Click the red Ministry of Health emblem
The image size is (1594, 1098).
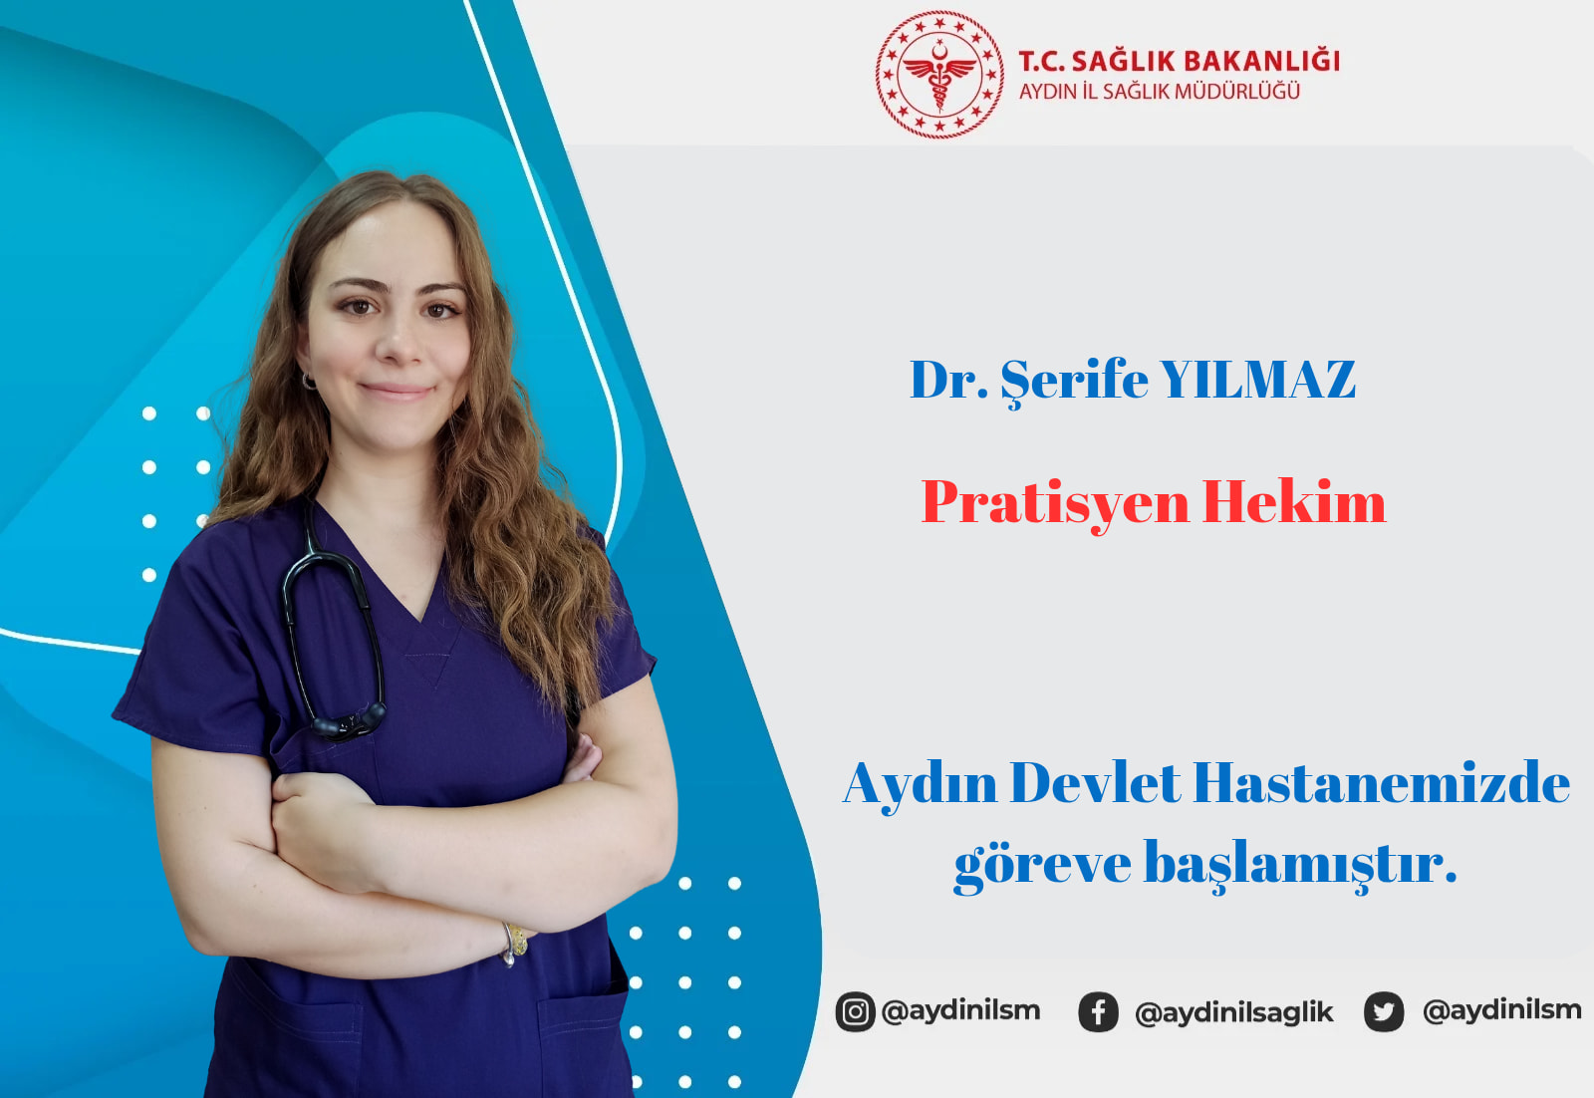click(939, 74)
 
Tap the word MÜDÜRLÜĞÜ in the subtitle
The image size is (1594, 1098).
click(1237, 91)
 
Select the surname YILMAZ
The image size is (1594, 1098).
click(1258, 380)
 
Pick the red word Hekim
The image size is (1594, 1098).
click(1294, 502)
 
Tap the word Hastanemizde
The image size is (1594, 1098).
click(1381, 783)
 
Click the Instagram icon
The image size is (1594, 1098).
click(855, 1011)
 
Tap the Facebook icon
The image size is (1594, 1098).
click(1098, 1012)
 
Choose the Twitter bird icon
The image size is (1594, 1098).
click(1384, 1012)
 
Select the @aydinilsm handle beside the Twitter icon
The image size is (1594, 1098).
click(1501, 1010)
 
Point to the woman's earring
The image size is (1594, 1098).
click(309, 383)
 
